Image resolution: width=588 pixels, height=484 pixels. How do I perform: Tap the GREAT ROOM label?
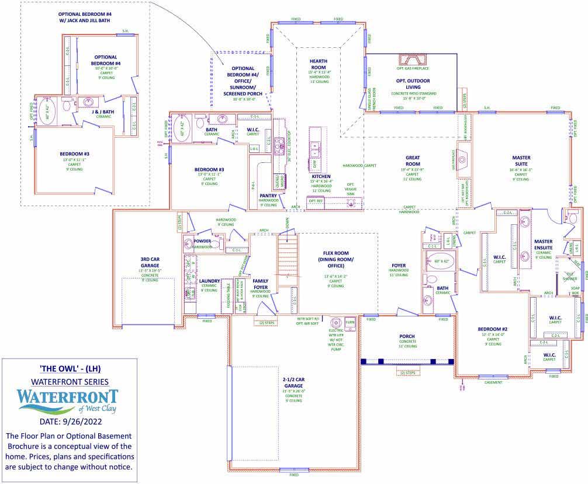(413, 161)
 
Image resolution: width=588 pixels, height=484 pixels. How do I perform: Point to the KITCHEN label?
(321, 176)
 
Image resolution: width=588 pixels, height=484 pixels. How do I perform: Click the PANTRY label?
(268, 196)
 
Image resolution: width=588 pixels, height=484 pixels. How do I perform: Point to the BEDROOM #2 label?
(493, 329)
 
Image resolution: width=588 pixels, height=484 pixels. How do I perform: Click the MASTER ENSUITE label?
(543, 244)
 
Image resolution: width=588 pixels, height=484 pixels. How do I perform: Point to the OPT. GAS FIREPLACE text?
(413, 69)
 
